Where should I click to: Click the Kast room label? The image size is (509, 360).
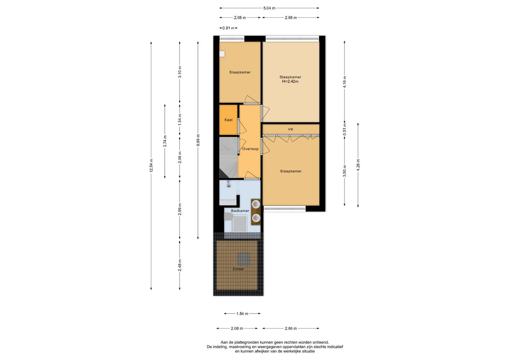tap(228, 120)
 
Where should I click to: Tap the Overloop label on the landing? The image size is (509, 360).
tap(250, 149)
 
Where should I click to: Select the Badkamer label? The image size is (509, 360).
tap(240, 211)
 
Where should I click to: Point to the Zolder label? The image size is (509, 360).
tap(238, 269)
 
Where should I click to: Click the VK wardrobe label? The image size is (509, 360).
tap(291, 129)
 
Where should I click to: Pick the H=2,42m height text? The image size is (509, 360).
tap(291, 81)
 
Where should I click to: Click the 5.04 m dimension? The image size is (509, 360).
tap(269, 8)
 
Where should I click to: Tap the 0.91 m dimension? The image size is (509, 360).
tap(228, 28)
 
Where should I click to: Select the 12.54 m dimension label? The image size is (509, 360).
tap(151, 166)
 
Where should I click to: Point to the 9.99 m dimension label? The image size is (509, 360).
tap(198, 140)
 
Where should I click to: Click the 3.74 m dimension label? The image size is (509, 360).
tap(165, 141)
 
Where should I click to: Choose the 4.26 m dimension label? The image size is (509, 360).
tap(358, 165)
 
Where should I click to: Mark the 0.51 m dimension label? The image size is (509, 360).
tap(345, 129)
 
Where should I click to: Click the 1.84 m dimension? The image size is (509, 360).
tap(242, 314)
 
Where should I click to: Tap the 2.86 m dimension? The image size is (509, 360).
tap(291, 329)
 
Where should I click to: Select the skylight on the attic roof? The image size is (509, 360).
tap(244, 259)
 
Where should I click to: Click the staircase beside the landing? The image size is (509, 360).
tap(228, 157)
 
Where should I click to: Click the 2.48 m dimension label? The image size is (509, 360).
tap(180, 265)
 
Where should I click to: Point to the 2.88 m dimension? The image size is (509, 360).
tap(291, 17)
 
